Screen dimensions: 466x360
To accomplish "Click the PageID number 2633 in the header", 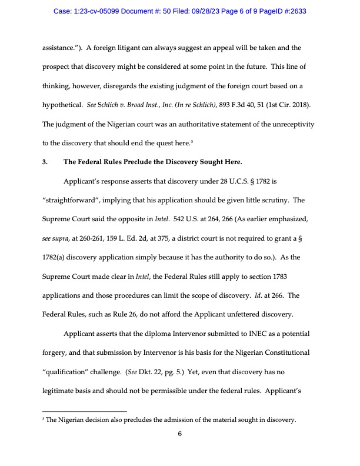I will point(294,11).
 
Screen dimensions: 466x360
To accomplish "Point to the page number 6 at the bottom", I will point(180,435).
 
